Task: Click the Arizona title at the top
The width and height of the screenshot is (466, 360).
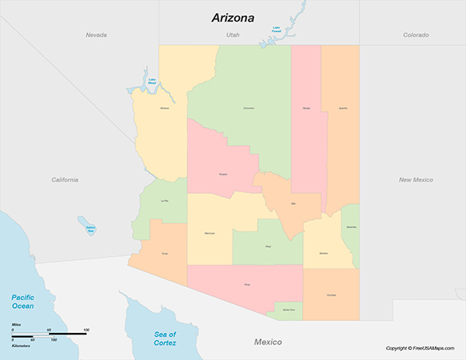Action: [233, 18]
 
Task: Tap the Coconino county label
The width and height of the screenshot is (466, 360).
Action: [249, 108]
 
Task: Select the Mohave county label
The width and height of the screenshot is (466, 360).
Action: [164, 108]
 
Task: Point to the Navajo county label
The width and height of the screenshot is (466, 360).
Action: [306, 108]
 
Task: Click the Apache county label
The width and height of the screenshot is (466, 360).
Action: [343, 108]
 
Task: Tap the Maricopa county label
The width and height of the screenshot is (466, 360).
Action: [210, 233]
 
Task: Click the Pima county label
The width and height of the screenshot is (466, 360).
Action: [247, 286]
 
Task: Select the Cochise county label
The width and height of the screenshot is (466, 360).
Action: [332, 296]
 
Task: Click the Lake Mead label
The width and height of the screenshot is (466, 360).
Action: [151, 79]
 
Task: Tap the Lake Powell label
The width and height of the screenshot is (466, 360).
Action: [276, 29]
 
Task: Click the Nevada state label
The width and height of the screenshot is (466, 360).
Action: [96, 35]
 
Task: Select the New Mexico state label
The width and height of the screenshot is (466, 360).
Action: [416, 179]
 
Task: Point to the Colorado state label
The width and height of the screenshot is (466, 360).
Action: [416, 35]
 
